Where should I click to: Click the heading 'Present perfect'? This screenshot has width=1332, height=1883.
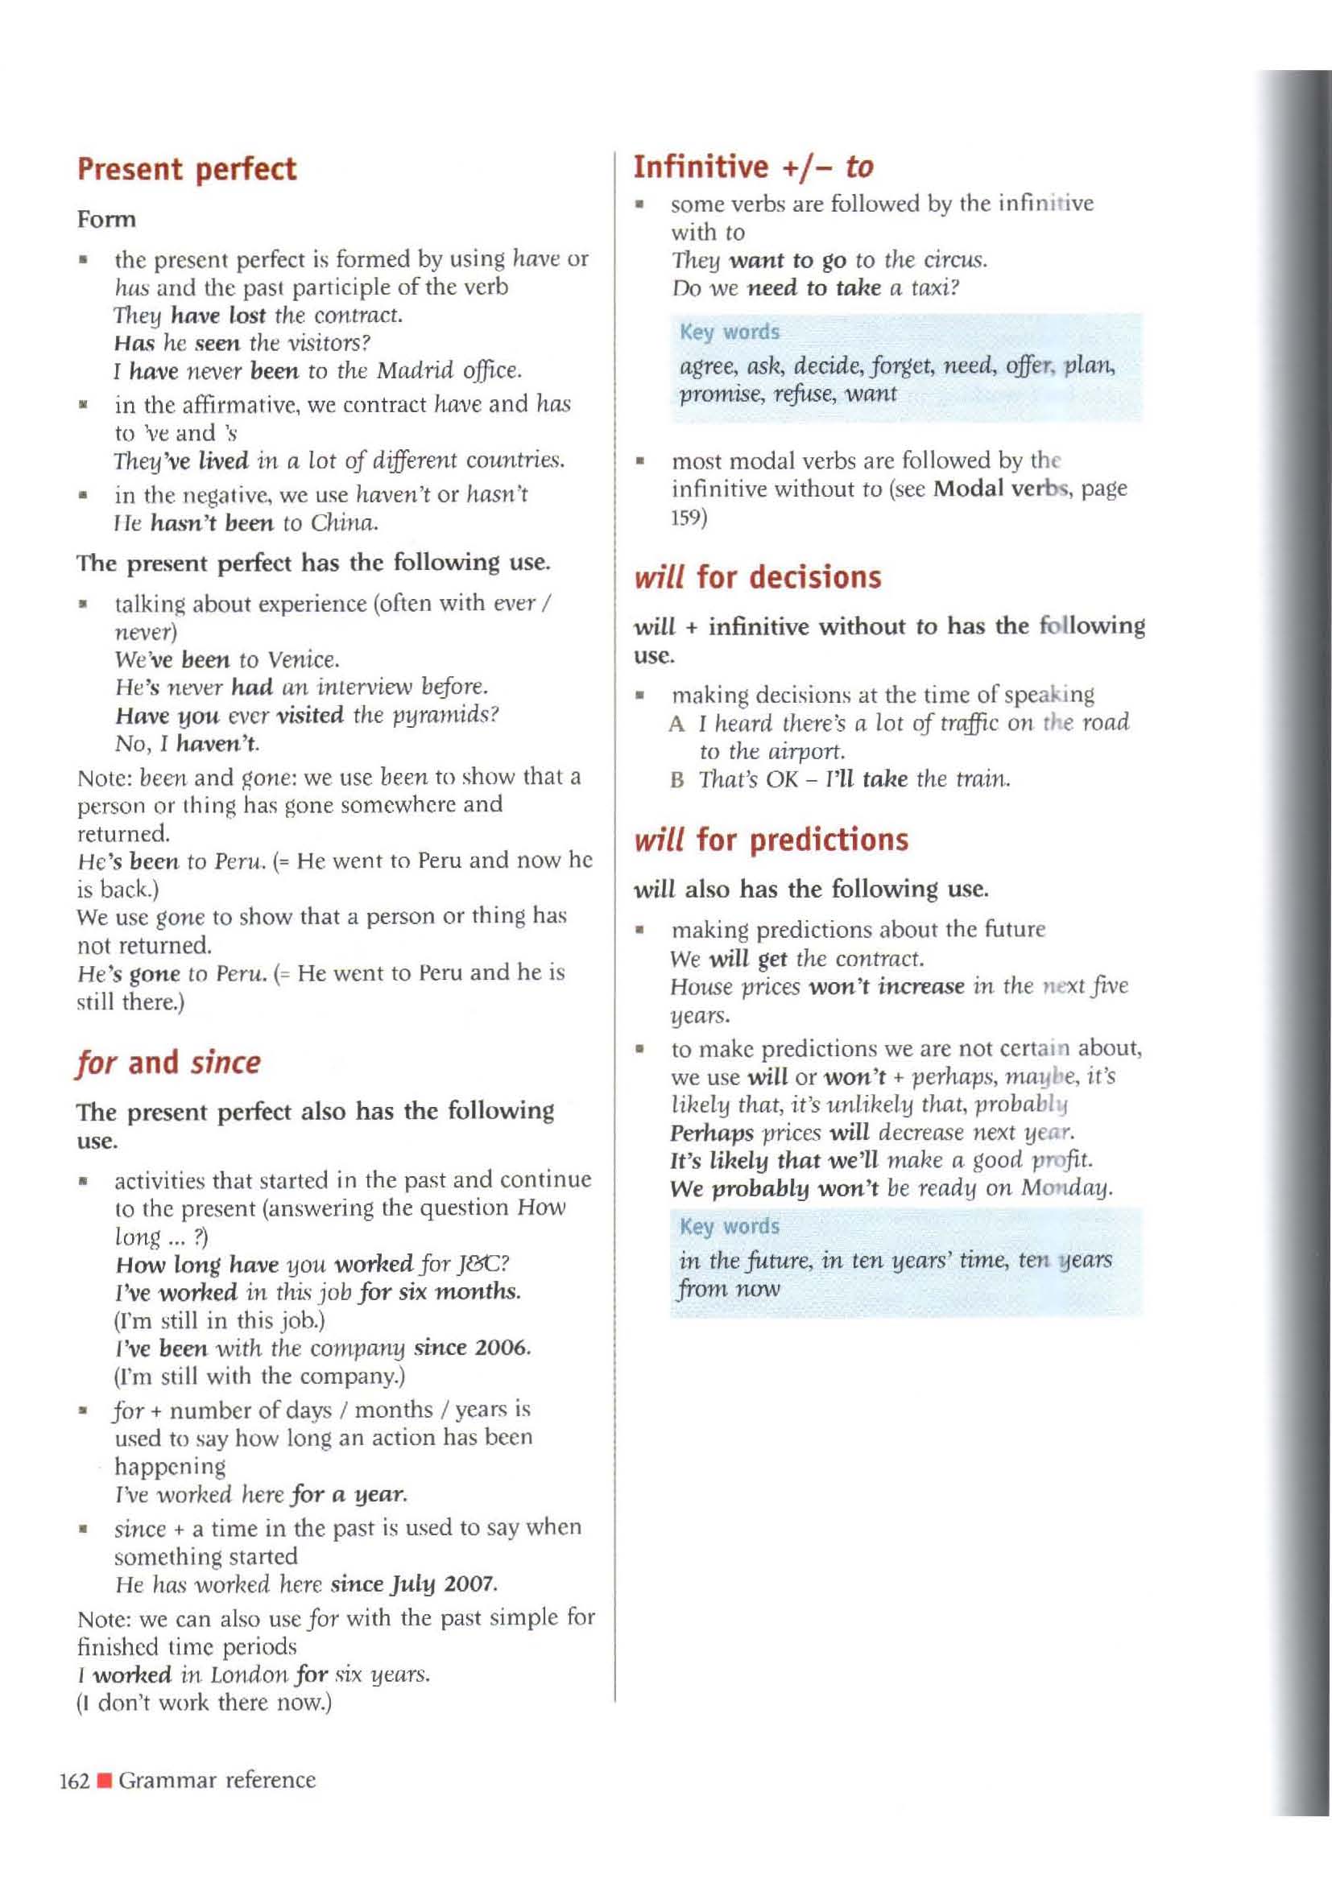[186, 169]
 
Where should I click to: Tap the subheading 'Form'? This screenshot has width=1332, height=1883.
[106, 220]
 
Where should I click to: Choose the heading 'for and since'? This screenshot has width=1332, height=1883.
[168, 1063]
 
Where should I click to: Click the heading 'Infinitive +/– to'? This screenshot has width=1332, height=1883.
[753, 167]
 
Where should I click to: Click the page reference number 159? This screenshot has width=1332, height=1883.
[689, 519]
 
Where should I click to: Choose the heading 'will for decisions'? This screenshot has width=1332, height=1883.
[757, 577]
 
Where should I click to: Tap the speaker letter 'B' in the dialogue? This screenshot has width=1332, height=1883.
[676, 779]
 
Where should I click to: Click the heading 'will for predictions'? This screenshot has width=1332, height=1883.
[771, 840]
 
